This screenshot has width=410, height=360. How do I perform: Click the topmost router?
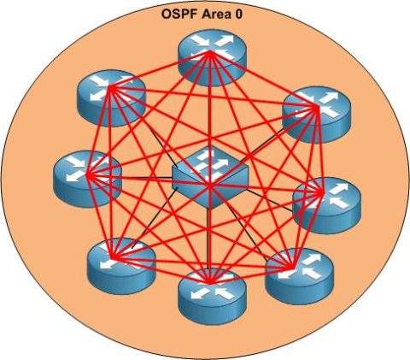tap(210, 58)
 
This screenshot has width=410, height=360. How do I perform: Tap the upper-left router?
tap(108, 97)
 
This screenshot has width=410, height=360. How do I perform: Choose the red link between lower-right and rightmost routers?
tap(308, 239)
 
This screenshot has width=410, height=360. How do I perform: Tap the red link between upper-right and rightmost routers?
tap(316, 154)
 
